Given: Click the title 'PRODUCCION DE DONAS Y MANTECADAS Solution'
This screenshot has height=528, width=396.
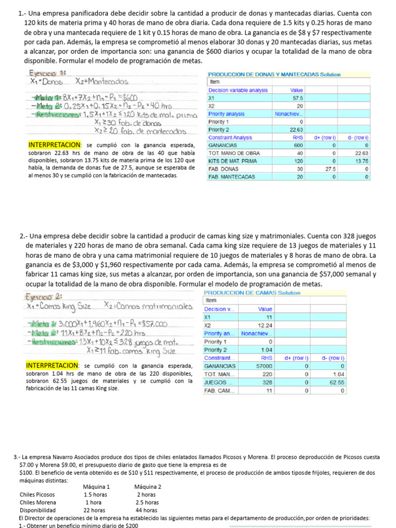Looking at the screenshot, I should click(x=274, y=74).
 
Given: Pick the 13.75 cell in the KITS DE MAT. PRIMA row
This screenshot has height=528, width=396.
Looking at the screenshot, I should click(x=361, y=161).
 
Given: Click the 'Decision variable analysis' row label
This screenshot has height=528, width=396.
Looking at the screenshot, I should click(x=238, y=90).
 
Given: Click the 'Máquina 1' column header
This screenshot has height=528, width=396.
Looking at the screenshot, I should click(x=96, y=487).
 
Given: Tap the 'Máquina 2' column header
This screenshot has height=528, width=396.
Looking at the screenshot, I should click(x=147, y=487).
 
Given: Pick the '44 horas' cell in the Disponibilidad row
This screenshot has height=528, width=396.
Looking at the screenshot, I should click(x=147, y=510).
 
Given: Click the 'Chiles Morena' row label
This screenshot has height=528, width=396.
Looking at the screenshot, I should click(x=38, y=502).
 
